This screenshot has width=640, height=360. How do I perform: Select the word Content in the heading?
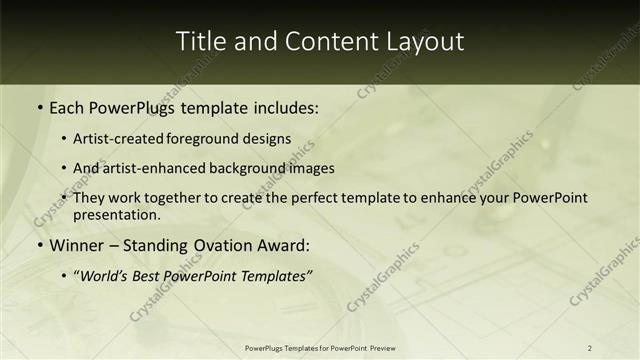322,42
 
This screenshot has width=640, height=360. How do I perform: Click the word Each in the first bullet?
65,108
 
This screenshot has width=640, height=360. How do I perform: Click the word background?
246,169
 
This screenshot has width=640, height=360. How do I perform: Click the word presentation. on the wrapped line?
116,215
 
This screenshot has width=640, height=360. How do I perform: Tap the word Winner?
75,245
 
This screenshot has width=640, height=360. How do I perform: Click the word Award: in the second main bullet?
280,245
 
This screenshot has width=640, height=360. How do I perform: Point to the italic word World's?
102,275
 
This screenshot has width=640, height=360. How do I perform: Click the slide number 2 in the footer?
590,348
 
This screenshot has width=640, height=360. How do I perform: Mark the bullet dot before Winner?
39,246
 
